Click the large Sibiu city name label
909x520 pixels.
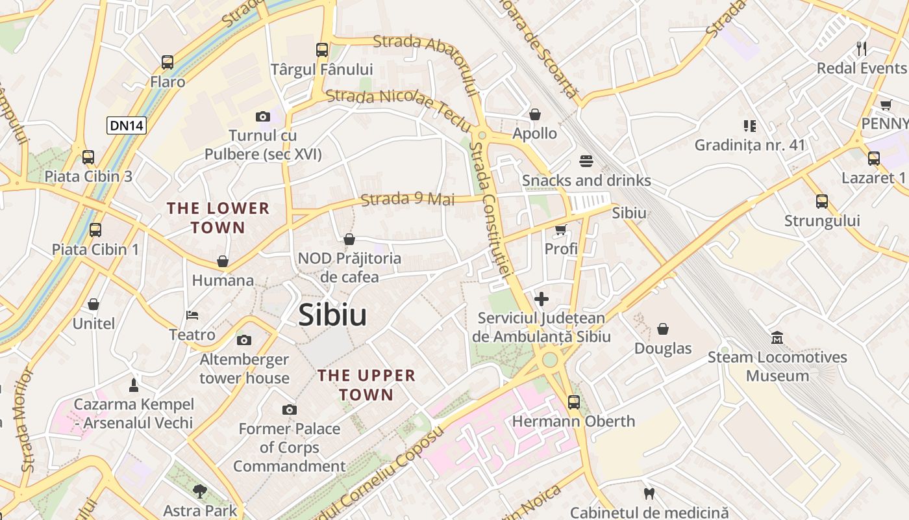(x=332, y=316)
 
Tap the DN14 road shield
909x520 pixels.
(x=127, y=125)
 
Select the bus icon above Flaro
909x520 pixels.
(x=168, y=62)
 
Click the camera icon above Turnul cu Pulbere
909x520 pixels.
(x=263, y=116)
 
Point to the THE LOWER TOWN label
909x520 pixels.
(x=218, y=218)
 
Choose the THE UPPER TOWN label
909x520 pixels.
(x=366, y=385)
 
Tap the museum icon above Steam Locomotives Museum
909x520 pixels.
(x=777, y=338)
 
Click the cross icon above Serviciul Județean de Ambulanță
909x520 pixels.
(x=542, y=299)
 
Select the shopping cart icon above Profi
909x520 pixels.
(x=561, y=229)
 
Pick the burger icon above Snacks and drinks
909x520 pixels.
(x=586, y=161)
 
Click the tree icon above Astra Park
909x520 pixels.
(x=200, y=491)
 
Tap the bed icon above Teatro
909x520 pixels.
(x=192, y=315)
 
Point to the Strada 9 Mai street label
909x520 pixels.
(x=408, y=199)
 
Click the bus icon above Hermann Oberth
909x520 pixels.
(x=573, y=402)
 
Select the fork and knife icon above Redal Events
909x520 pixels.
(x=862, y=48)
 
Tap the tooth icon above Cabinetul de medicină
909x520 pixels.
(x=649, y=494)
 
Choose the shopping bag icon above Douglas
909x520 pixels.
(x=663, y=330)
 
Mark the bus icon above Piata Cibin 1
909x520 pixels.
(x=95, y=229)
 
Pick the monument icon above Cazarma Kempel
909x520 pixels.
(x=134, y=385)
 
